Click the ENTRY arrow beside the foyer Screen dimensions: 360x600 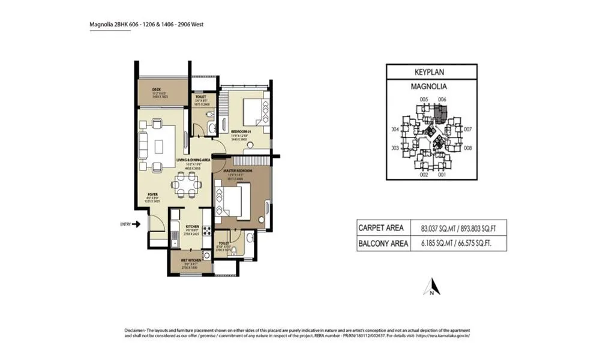tap(136, 224)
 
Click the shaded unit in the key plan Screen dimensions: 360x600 tap(442, 112)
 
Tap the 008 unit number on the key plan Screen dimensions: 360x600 tap(468, 148)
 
